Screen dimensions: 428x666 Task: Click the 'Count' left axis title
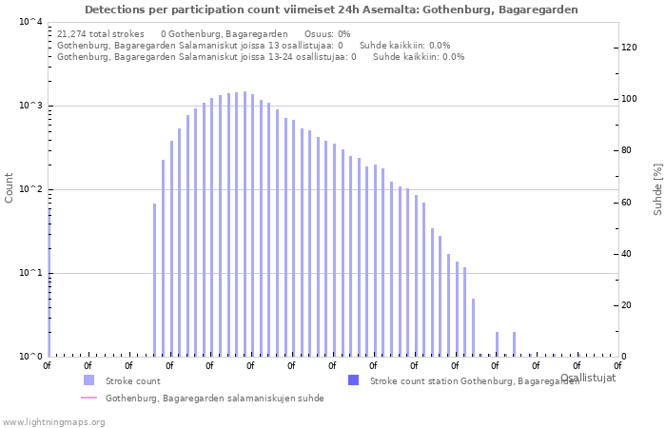[10, 187]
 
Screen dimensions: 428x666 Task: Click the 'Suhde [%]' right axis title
[656, 188]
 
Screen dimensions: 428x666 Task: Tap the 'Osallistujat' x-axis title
[587, 378]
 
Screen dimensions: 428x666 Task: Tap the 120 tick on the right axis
[628, 48]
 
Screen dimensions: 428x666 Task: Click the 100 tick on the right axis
[628, 99]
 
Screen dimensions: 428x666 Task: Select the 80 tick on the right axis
[628, 150]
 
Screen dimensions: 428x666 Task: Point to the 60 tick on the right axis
[628, 203]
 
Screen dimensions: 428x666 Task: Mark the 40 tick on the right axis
[628, 254]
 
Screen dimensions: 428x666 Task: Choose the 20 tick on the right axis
[628, 305]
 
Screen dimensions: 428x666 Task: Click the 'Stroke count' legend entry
[132, 380]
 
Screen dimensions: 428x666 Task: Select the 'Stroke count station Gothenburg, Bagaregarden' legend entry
[474, 380]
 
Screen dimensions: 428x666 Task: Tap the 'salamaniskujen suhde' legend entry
[214, 399]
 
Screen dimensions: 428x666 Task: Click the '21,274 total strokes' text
[100, 33]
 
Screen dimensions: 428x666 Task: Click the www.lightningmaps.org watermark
[53, 421]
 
